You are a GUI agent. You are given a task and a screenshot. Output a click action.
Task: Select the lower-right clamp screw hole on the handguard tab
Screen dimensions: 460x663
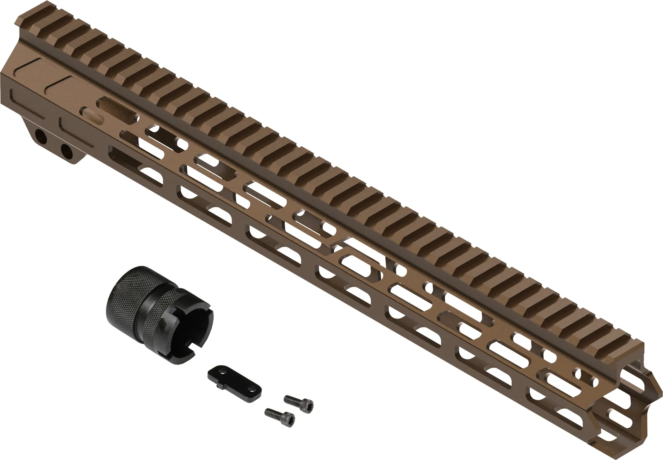pos(65,151)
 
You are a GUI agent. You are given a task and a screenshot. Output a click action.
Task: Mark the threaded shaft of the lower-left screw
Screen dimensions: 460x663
pos(273,412)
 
